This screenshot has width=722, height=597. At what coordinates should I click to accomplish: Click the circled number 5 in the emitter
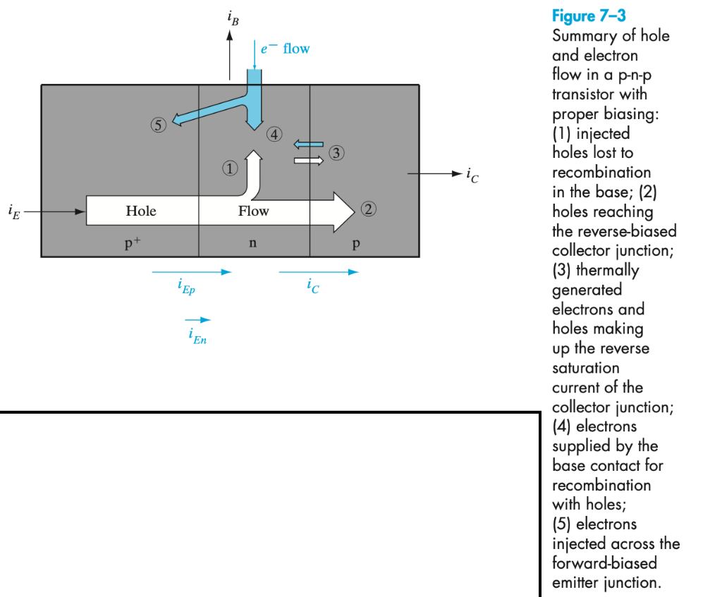pyautogui.click(x=158, y=125)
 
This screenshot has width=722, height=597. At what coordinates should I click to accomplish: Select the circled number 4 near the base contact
pyautogui.click(x=274, y=134)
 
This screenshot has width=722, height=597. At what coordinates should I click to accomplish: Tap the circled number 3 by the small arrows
pyautogui.click(x=338, y=152)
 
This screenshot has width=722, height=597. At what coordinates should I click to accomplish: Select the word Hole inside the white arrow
pyautogui.click(x=141, y=211)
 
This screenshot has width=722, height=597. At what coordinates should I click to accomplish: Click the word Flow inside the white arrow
pyautogui.click(x=253, y=211)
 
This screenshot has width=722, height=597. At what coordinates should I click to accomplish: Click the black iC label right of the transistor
pyautogui.click(x=472, y=174)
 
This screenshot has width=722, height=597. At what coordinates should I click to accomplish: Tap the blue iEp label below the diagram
pyautogui.click(x=186, y=287)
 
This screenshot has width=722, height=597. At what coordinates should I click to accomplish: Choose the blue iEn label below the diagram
pyautogui.click(x=197, y=337)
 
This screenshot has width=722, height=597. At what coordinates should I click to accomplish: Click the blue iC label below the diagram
pyautogui.click(x=313, y=286)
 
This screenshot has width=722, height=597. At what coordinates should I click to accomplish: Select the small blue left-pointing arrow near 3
pyautogui.click(x=308, y=144)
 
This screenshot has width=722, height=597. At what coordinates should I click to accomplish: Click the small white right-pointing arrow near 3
pyautogui.click(x=308, y=161)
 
